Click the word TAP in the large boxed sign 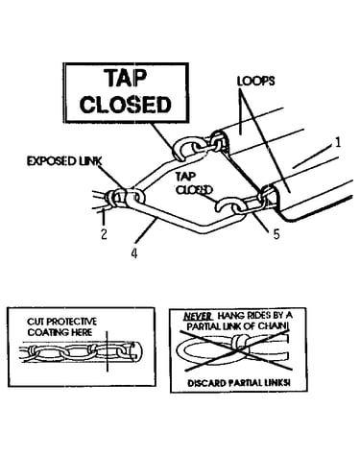pos(126,79)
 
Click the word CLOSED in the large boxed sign pos(125,105)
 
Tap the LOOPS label pos(255,81)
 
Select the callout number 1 pos(338,142)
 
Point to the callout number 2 pos(104,234)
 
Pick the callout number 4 pos(134,253)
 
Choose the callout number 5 pos(276,234)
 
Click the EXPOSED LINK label pos(64,161)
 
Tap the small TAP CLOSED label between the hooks pos(194,183)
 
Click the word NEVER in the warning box pos(198,317)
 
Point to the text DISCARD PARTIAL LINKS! pos(239,383)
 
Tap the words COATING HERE pos(60,332)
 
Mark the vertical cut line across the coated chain pos(108,351)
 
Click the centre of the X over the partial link pos(237,351)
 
